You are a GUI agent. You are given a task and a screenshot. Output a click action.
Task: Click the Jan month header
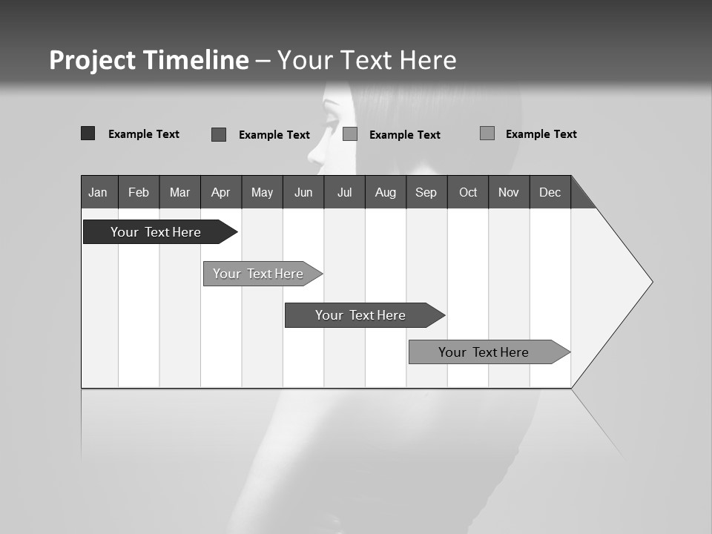point(99,192)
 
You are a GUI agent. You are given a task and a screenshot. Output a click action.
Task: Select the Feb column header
point(139,192)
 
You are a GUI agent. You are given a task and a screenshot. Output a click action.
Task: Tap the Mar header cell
point(179,192)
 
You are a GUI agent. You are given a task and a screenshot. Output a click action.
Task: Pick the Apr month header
point(221,192)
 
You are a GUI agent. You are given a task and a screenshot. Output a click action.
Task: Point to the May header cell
point(262,192)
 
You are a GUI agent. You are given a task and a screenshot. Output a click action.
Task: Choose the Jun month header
point(303,192)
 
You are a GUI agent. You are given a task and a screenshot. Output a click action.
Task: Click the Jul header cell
point(344,192)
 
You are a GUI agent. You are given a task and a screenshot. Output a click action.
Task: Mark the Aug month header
point(386,192)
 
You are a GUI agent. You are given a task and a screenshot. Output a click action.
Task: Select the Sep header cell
point(426,192)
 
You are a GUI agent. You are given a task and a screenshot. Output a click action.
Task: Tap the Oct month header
point(468,192)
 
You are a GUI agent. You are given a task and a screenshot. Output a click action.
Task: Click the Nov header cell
point(509,192)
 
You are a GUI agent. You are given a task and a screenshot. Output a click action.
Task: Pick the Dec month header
point(550,192)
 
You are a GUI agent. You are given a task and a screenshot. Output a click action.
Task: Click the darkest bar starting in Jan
point(156,232)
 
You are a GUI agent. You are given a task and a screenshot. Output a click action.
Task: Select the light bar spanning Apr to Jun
point(258,274)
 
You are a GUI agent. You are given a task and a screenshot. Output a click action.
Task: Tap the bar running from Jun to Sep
point(360,315)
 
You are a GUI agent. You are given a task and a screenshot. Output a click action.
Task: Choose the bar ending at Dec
point(484,352)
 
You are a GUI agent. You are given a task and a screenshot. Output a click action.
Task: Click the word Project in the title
point(92,60)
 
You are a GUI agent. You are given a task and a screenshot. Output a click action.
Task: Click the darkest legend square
point(88,133)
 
